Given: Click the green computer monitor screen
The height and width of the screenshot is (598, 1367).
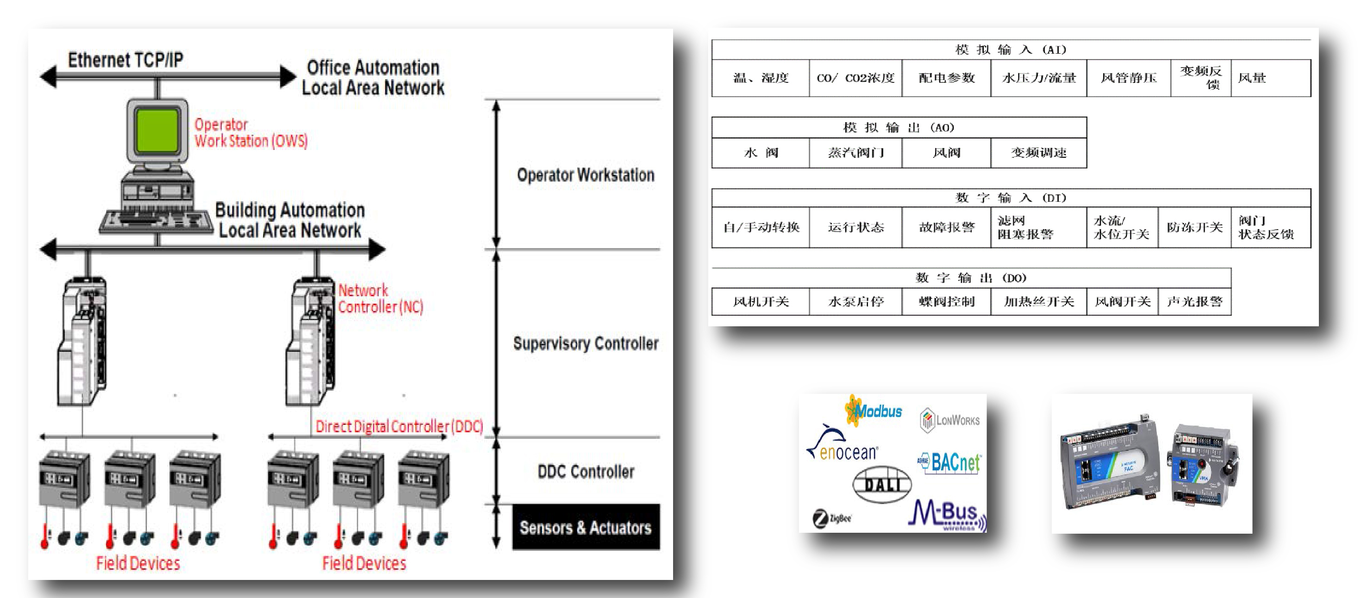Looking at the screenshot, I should tap(157, 131).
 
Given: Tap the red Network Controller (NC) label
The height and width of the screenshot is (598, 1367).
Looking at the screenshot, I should tap(380, 299).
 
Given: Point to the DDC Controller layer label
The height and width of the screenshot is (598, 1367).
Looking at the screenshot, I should tap(585, 471).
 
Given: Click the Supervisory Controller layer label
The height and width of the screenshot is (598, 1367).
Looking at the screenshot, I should tap(585, 343).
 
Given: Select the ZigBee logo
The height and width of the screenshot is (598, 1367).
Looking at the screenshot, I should tap(832, 518).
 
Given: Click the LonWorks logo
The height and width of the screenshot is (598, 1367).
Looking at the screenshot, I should tap(950, 420).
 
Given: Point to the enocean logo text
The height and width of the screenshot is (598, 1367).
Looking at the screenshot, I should tap(848, 453).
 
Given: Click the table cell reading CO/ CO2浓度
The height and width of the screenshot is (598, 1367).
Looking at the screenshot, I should tap(855, 78).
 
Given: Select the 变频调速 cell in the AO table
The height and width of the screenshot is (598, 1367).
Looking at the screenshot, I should tap(1038, 153).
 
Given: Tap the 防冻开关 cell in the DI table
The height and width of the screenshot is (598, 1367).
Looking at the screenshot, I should tap(1194, 227).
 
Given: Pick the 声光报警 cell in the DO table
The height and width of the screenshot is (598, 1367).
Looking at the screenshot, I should tap(1194, 301).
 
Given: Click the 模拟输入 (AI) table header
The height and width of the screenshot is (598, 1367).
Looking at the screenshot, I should tap(1011, 50).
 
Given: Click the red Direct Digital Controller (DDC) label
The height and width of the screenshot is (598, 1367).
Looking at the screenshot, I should tap(399, 426).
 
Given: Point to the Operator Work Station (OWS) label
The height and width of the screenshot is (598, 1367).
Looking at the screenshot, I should tap(250, 133).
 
